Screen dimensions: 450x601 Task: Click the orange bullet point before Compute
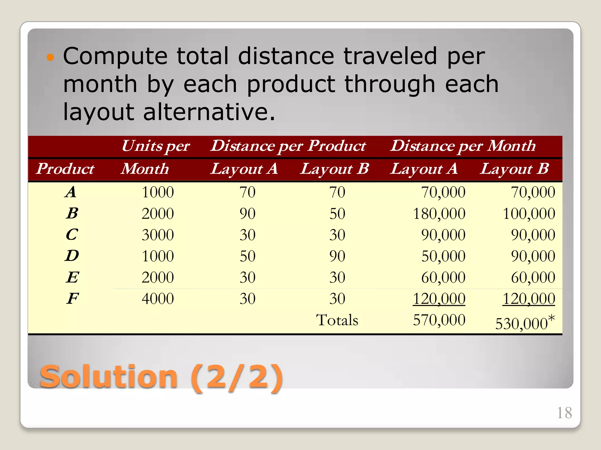50,57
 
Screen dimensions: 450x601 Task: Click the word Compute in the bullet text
115,56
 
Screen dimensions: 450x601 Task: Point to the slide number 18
564,413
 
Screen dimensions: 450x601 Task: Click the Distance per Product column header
288,146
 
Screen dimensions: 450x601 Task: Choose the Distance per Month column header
463,146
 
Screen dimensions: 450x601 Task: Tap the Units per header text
156,146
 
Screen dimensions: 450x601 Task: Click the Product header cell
65,169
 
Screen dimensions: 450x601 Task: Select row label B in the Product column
72,213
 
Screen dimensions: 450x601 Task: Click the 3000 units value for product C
158,235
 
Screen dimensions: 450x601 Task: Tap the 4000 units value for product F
158,299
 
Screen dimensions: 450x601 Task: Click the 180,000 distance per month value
439,214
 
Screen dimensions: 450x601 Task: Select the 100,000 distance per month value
529,214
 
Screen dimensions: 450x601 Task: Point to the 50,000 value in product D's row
443,256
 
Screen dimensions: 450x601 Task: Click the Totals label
337,320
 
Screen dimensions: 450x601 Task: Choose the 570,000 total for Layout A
439,320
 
